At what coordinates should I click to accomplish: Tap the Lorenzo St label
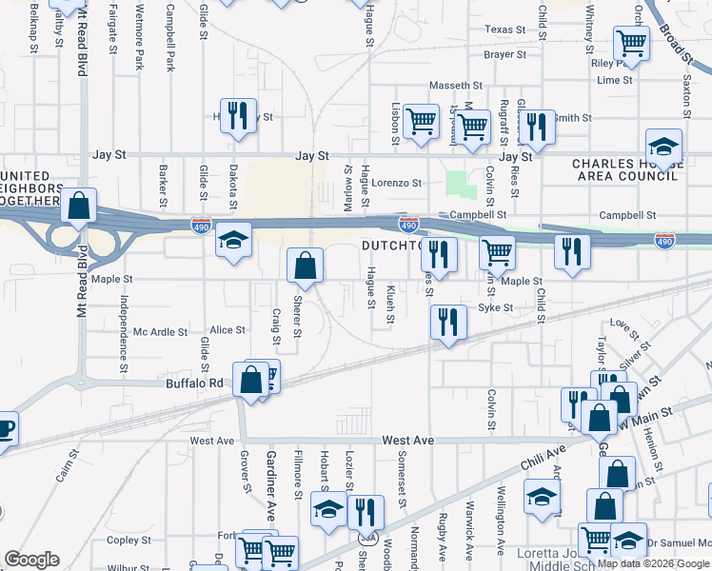click(x=396, y=182)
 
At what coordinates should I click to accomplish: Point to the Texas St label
click(x=504, y=30)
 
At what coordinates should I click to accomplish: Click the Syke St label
click(x=495, y=307)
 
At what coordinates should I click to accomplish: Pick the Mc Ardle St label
click(x=160, y=332)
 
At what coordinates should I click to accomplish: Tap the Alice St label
click(x=227, y=330)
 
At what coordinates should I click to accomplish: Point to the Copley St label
click(x=123, y=540)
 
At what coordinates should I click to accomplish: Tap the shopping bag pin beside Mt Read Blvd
click(x=80, y=205)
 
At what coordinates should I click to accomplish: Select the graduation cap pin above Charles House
click(x=663, y=147)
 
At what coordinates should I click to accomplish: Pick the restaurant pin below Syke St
click(x=447, y=321)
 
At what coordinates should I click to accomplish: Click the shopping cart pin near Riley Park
click(x=631, y=43)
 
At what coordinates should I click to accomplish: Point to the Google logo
click(x=31, y=560)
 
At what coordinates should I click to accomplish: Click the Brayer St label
click(x=498, y=55)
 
